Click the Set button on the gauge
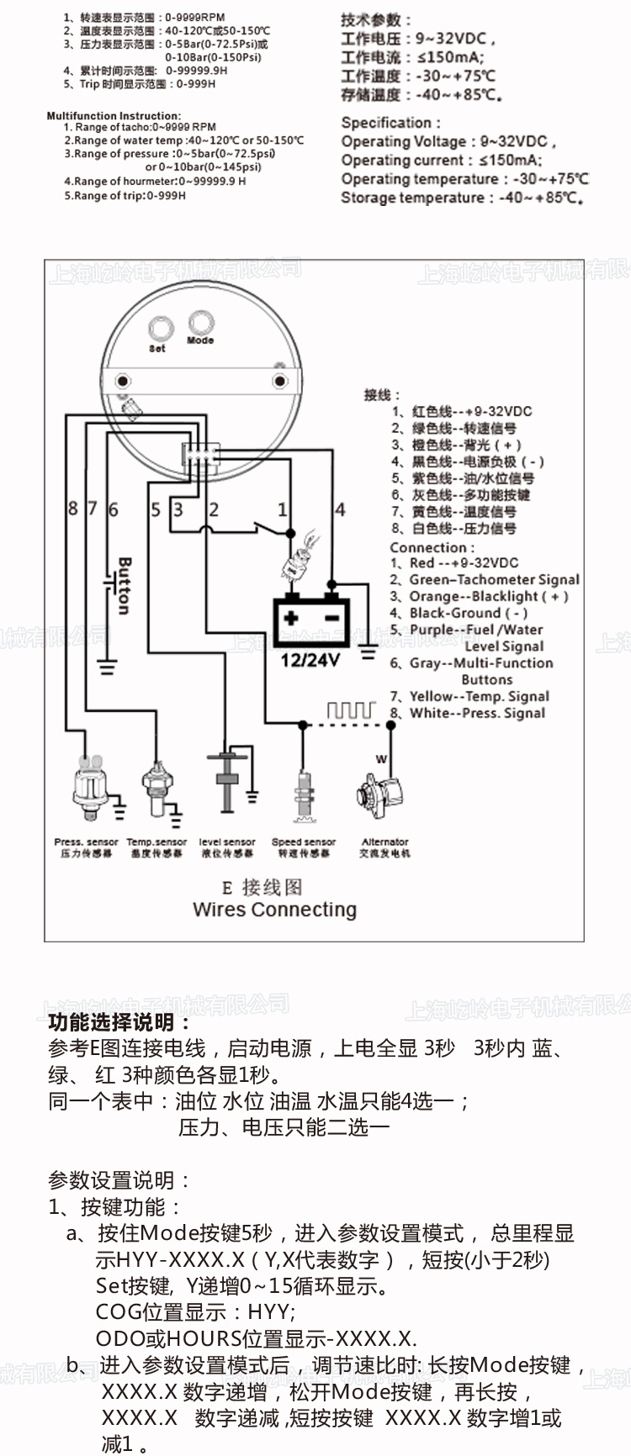tap(160, 329)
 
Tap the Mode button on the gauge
tap(201, 323)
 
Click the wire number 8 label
tap(73, 508)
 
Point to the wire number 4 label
tap(340, 509)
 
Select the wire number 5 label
tap(156, 509)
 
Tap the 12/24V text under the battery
tap(310, 660)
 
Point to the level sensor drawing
tap(226, 782)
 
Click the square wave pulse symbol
tap(350, 710)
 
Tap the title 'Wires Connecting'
tap(274, 910)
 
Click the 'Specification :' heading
tap(390, 123)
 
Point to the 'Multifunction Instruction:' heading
tap(114, 116)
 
